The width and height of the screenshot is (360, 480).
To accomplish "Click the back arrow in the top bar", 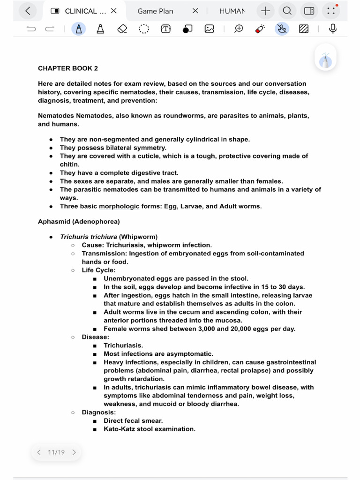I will point(28,11).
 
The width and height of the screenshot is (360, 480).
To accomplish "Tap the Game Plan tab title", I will point(155,11).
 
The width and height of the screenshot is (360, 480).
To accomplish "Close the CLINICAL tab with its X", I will point(113,11).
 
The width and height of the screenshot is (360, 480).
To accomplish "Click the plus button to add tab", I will point(266,11).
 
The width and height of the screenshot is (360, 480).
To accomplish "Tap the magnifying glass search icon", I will point(287,11).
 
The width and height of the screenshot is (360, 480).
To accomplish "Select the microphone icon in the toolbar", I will point(333,29).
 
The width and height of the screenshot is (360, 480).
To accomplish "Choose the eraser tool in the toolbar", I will point(122,29).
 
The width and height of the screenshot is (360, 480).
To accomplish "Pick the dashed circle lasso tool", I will point(144,29).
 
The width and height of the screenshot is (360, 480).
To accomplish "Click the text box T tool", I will point(165,29).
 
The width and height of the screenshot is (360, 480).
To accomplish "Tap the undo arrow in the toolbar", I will point(31,29).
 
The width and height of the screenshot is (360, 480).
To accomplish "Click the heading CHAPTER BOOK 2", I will point(68,68).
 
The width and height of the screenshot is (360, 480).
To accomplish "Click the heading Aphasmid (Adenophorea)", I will point(79,221).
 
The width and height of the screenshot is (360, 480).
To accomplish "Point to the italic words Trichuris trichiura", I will point(88,237).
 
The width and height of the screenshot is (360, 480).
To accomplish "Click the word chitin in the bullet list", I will point(69,165).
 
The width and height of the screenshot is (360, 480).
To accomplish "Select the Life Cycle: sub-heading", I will point(98,270).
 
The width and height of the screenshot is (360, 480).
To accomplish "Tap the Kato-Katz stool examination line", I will point(149,429).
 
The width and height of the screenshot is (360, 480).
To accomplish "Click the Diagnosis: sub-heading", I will point(98,412).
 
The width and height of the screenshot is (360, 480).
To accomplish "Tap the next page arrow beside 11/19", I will point(74,452).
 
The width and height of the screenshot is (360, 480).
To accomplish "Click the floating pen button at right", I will point(326,60).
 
